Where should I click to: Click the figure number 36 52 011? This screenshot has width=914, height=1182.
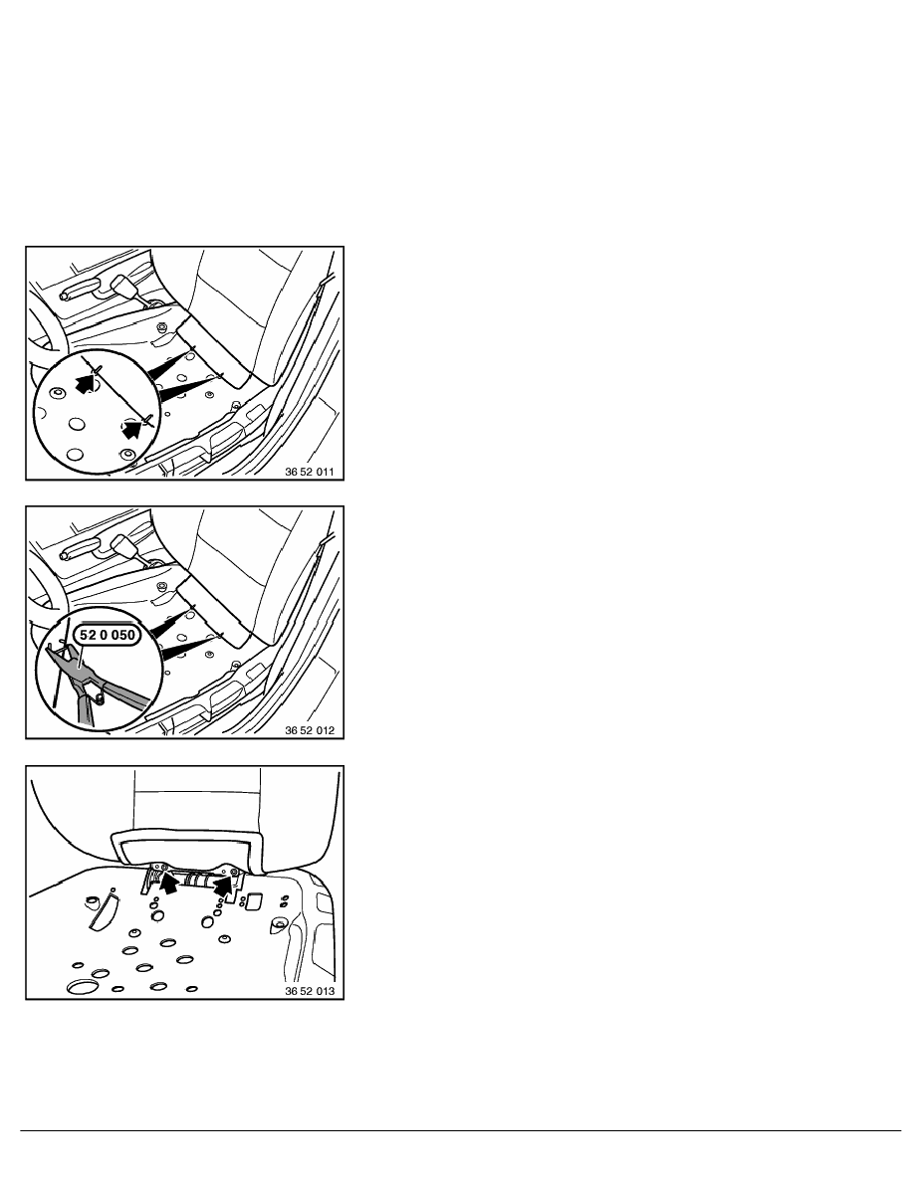click(310, 472)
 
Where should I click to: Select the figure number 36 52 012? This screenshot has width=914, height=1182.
click(310, 730)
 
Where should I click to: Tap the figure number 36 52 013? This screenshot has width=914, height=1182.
click(310, 991)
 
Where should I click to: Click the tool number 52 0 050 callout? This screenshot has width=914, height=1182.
click(108, 635)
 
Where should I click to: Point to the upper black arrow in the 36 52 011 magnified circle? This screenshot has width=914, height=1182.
click(89, 384)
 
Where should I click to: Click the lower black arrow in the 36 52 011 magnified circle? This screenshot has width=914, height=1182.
click(132, 428)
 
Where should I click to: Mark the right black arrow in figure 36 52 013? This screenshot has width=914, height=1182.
click(222, 885)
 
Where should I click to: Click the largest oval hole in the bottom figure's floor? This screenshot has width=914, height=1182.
click(82, 986)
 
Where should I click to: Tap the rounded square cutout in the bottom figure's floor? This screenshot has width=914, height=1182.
click(254, 900)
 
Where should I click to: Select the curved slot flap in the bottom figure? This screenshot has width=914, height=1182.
click(103, 909)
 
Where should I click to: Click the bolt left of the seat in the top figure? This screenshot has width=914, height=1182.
click(162, 327)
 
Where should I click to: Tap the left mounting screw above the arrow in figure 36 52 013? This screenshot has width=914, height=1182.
click(157, 869)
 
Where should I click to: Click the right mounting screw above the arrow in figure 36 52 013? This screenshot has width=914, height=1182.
click(235, 873)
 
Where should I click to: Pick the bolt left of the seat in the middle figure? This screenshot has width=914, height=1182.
click(162, 586)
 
